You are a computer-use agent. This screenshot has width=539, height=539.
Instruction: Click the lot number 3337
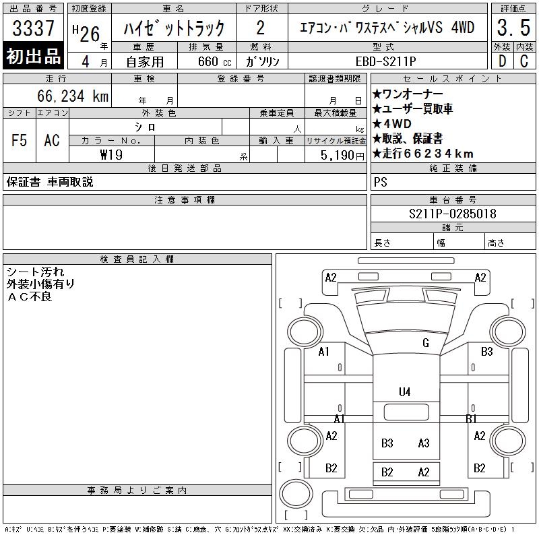tap(33, 28)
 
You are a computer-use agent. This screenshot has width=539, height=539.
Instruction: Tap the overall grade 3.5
tap(513, 28)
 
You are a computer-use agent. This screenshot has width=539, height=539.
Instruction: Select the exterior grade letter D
tap(502, 61)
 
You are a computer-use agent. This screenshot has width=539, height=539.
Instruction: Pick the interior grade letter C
tap(524, 61)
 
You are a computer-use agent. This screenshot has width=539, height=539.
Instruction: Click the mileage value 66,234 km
tap(73, 96)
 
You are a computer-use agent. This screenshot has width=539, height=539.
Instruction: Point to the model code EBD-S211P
tap(385, 61)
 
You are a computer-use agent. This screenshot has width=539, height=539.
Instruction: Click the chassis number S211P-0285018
tap(452, 214)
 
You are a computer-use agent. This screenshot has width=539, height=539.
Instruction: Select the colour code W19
tap(111, 155)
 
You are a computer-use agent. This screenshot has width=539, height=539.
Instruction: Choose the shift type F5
tap(20, 140)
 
